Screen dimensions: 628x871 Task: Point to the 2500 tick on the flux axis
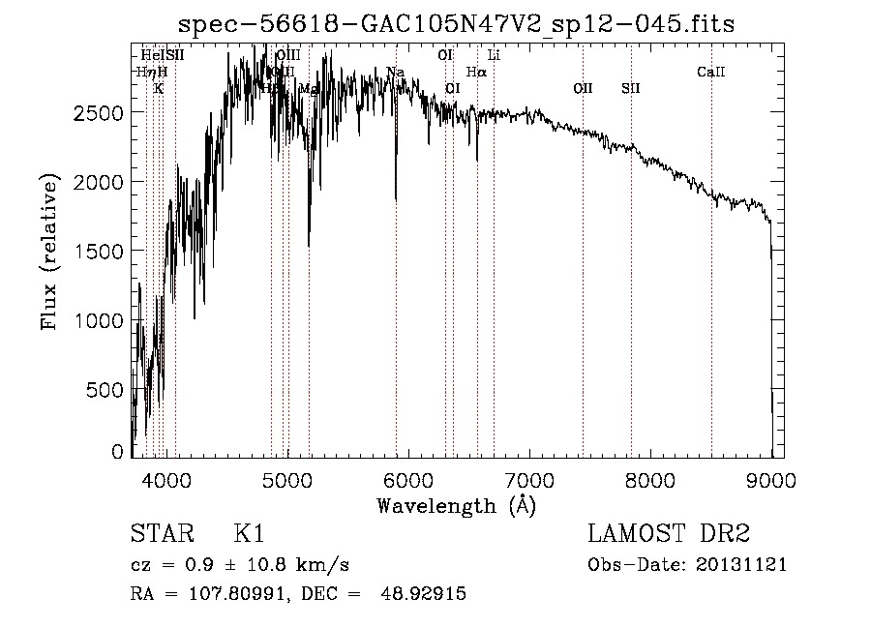(x=100, y=113)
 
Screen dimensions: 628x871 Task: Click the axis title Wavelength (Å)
(x=456, y=504)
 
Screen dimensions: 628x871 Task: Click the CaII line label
(x=711, y=72)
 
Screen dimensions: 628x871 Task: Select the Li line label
(x=494, y=55)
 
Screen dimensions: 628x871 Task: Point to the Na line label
(x=395, y=72)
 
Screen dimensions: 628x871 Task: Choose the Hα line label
(x=476, y=72)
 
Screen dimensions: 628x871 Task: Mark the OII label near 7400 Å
(x=583, y=88)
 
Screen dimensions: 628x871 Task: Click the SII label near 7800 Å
(x=631, y=88)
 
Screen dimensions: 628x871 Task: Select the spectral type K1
(x=249, y=535)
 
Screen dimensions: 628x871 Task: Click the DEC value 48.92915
(x=426, y=594)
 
